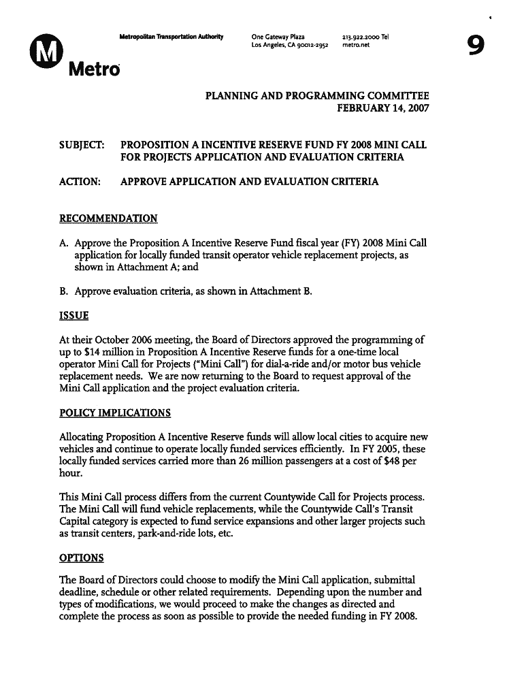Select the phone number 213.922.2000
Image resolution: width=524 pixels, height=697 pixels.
(361, 37)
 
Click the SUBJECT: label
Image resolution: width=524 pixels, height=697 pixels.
(76, 145)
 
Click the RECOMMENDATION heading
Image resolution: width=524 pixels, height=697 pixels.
(108, 218)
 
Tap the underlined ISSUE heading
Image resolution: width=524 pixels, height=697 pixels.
(73, 316)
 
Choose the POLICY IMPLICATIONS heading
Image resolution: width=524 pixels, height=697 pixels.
(115, 413)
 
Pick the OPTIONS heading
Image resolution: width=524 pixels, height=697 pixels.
(81, 558)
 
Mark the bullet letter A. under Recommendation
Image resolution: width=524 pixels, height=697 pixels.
(64, 243)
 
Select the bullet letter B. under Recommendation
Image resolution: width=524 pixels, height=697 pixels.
(64, 291)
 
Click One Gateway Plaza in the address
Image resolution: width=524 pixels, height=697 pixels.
(278, 37)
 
